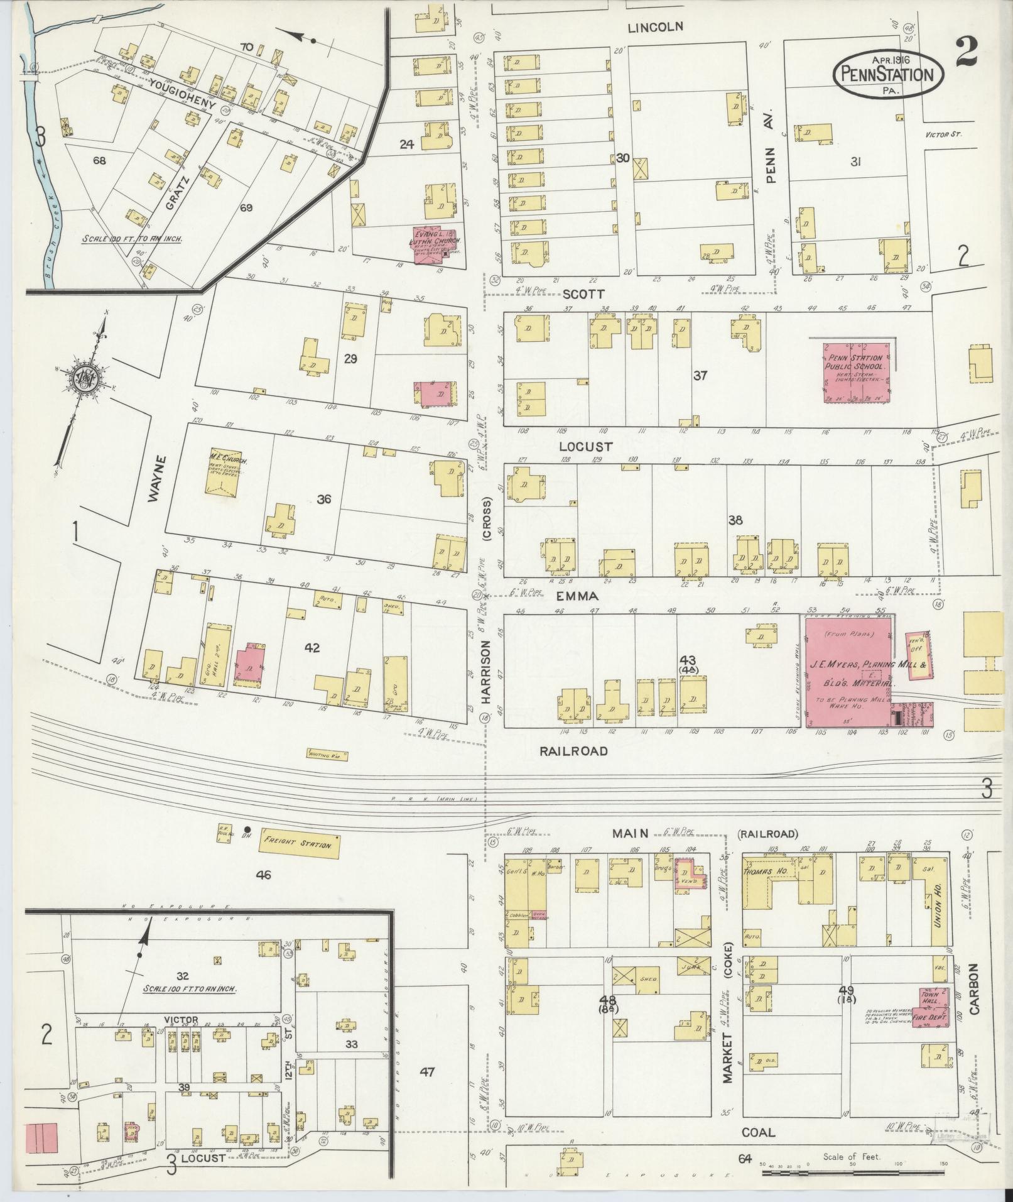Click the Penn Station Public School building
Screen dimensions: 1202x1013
pos(857,372)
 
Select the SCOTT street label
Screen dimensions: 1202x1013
pos(583,293)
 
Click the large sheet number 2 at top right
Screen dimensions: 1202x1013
pos(966,53)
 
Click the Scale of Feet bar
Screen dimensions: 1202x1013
pos(852,1172)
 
